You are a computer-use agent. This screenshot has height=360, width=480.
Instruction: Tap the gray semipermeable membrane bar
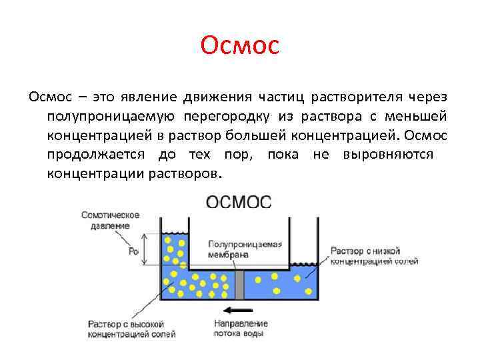(239, 285)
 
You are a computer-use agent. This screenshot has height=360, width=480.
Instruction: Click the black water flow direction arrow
(239, 310)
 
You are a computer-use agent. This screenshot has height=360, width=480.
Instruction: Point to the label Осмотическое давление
(109, 220)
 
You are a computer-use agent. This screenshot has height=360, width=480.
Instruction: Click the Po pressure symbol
(133, 251)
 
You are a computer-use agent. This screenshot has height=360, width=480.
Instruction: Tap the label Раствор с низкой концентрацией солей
(374, 255)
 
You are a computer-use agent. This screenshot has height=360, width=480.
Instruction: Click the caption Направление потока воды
(239, 328)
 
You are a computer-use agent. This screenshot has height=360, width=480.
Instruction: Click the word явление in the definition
(142, 98)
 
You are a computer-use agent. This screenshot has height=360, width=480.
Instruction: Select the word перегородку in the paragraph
(226, 117)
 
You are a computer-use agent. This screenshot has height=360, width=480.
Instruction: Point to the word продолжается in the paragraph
(97, 155)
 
